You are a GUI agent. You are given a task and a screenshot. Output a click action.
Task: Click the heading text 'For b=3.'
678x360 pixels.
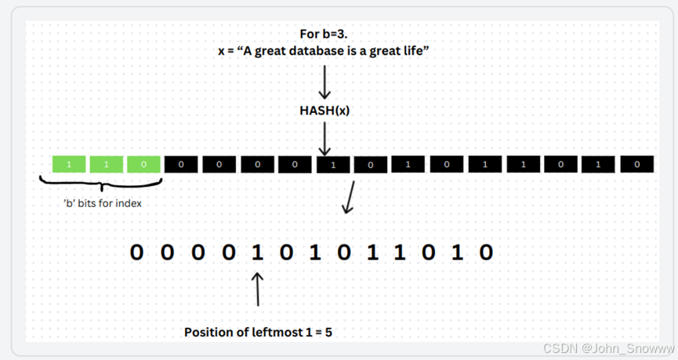324,34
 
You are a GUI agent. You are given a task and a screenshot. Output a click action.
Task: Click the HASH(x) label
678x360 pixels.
324,111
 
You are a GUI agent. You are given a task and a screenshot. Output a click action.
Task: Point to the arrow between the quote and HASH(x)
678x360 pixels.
324,82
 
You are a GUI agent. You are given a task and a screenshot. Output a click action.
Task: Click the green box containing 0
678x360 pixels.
143,165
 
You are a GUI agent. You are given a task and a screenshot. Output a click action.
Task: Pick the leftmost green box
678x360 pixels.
69,165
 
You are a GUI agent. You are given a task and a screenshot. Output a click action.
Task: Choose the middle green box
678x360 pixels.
106,165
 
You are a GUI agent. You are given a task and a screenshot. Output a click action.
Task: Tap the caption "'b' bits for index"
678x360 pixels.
102,202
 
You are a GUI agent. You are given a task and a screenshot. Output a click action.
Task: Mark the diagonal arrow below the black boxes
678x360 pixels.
349,198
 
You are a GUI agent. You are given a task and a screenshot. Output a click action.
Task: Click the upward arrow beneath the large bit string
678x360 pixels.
258,289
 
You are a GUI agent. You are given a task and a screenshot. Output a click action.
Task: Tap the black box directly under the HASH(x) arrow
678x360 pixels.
333,165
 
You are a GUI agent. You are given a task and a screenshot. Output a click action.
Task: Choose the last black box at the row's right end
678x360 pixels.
636,165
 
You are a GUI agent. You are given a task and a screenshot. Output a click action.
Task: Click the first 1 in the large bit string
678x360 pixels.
256,253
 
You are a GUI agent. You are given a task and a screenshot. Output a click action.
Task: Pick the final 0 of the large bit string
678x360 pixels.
486,253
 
